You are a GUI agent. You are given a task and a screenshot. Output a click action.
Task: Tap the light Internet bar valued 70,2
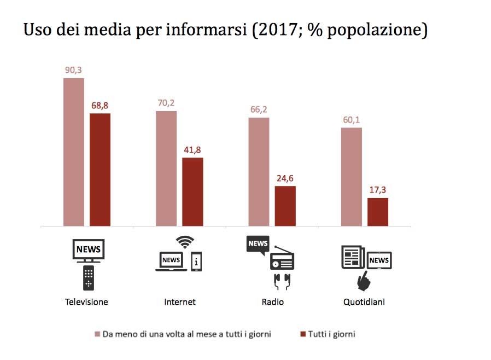tap(166, 169)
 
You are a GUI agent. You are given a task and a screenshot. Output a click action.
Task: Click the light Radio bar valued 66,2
tap(259, 172)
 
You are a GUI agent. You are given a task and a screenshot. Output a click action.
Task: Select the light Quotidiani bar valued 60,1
tap(351, 177)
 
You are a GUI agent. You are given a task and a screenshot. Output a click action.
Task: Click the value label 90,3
tap(73, 70)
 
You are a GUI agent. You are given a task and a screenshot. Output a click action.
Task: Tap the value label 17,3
tap(377, 190)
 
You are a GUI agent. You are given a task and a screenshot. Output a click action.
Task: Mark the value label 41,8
tap(192, 149)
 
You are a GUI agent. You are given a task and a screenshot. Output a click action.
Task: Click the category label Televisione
tap(86, 302)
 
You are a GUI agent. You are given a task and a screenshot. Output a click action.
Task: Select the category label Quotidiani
tap(364, 302)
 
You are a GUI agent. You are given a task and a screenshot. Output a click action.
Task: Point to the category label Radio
tap(273, 302)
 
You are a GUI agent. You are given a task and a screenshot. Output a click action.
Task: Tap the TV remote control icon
tap(89, 278)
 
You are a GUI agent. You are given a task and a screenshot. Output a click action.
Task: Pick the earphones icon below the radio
tap(282, 281)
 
